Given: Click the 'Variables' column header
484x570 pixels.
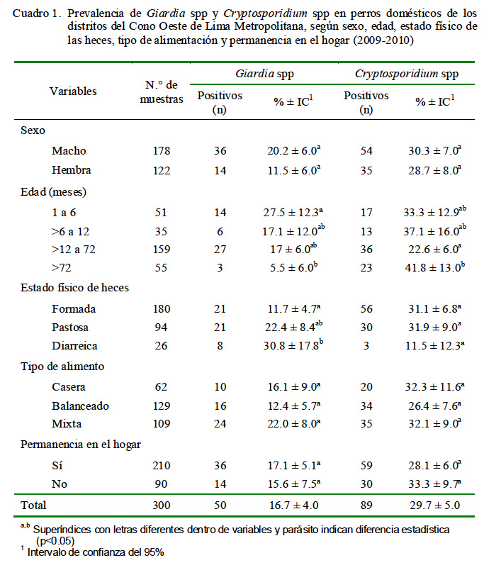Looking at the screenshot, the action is (73, 91).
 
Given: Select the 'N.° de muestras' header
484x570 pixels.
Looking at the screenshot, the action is (162, 91).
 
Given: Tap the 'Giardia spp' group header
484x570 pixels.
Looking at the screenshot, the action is (264, 74).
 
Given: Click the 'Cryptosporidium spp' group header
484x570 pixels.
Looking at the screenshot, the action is (407, 74).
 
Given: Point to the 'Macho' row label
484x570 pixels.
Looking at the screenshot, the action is (69, 150).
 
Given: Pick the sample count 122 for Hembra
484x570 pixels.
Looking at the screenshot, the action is (162, 170).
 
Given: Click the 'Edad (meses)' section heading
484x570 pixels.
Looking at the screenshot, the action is (53, 192).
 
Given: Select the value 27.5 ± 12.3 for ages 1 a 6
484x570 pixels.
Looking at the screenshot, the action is (293, 212).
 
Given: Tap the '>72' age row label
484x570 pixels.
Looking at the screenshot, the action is (61, 267).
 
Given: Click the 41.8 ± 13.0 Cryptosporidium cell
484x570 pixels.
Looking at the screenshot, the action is (435, 267).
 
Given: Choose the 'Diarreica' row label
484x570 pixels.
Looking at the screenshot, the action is (74, 345).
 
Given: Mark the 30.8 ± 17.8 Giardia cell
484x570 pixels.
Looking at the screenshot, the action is (293, 345).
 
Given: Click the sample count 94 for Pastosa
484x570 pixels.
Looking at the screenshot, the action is (161, 327).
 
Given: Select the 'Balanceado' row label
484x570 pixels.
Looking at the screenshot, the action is (80, 406).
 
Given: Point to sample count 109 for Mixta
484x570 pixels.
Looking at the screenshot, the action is (162, 423).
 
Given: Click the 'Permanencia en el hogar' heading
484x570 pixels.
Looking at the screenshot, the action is (81, 445).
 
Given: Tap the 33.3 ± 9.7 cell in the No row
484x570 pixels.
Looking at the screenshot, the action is (435, 484).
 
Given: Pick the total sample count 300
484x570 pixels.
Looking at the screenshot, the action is (162, 505).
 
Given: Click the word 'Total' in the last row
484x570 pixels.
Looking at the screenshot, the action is (33, 505).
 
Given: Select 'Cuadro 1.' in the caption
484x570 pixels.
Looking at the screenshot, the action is (35, 13).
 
